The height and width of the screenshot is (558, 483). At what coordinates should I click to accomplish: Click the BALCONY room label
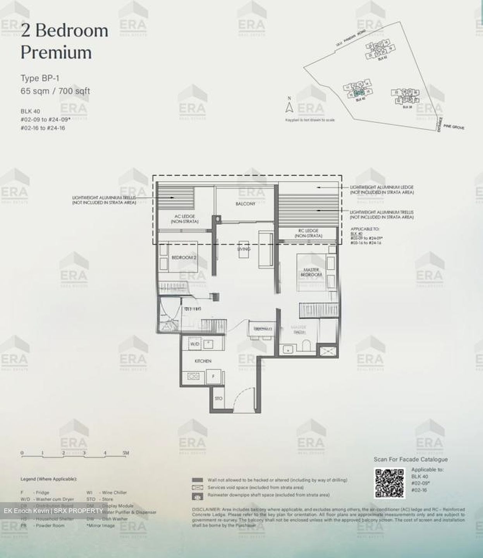[246, 204]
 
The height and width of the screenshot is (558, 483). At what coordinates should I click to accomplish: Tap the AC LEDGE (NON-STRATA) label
[184, 219]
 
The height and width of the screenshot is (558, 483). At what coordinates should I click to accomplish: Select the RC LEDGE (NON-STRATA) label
[308, 233]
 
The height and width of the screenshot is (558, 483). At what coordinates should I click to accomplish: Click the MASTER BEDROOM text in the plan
[311, 272]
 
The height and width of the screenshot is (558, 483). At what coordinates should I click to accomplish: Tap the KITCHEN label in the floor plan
[203, 361]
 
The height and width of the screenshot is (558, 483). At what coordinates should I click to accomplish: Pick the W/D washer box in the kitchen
[194, 344]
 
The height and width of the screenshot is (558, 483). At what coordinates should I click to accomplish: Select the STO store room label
[218, 398]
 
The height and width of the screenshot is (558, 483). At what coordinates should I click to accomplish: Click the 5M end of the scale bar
[125, 453]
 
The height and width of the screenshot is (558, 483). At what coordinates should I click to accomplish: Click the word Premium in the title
[56, 52]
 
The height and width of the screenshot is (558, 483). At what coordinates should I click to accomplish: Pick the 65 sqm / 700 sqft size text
[55, 91]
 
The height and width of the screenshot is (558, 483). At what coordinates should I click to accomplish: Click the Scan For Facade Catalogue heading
[411, 460]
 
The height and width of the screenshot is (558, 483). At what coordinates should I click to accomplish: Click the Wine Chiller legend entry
[114, 493]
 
